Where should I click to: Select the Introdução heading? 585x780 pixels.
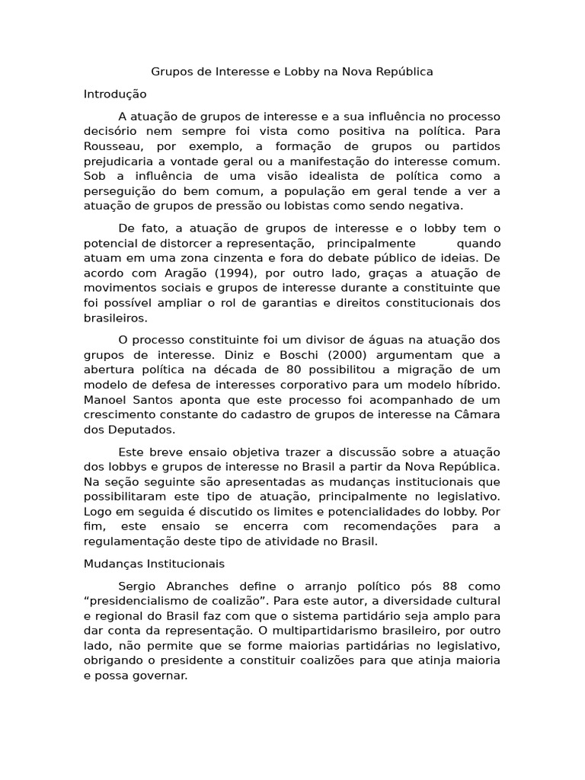(x=114, y=94)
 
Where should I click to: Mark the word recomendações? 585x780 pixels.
(x=390, y=526)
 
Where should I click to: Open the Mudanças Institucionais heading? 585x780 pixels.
(x=154, y=564)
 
